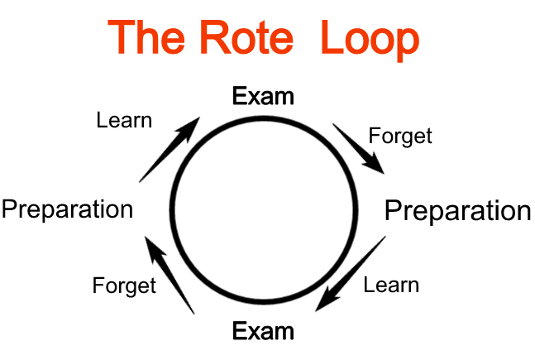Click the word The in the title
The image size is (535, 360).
(153, 37)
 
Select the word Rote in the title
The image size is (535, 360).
(253, 37)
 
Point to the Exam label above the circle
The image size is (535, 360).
(263, 96)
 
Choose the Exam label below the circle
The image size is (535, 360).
(263, 332)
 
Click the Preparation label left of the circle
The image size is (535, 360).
(67, 209)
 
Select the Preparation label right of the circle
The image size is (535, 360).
(457, 211)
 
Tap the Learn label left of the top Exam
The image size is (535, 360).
(124, 120)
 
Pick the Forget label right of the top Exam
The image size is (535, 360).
(400, 135)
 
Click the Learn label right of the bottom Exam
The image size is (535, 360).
(391, 286)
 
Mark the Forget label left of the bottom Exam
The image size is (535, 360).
(124, 286)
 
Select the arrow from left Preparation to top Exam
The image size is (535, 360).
(170, 150)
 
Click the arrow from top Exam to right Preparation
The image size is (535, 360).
(358, 149)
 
